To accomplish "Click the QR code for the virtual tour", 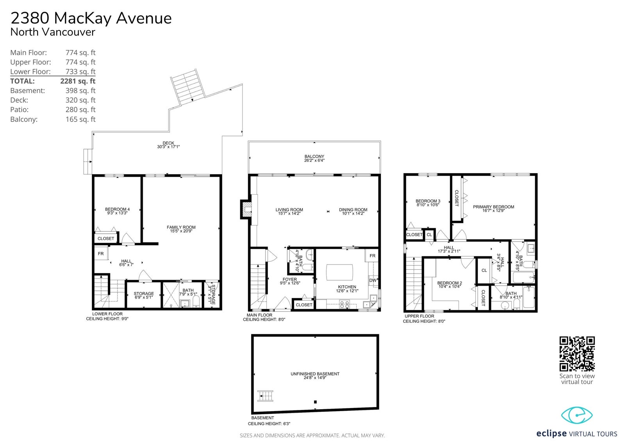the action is pos(577,354).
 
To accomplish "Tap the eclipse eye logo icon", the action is pos(577,415).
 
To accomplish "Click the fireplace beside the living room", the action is pos(246,209).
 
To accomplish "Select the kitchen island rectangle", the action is pos(339,272).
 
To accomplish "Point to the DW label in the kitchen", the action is pos(373,280).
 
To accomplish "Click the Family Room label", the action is pos(181,227).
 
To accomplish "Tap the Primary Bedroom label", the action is pos(493,207).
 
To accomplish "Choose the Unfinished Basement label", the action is pos(315,374).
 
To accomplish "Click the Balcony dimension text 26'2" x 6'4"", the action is pos(314,161).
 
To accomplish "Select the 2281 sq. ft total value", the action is pos(78,81).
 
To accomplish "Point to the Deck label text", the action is pos(168,143).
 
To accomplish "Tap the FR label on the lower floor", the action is pos(101,254).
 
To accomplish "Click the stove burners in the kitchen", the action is pos(345,304).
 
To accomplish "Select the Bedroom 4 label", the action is pos(117,209).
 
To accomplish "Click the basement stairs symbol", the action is pos(265,396).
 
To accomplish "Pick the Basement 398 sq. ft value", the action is pos(80,91).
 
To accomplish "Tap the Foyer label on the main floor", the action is pos(289,279).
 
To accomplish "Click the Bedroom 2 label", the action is pos(450,283).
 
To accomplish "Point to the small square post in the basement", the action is pos(315,402).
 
